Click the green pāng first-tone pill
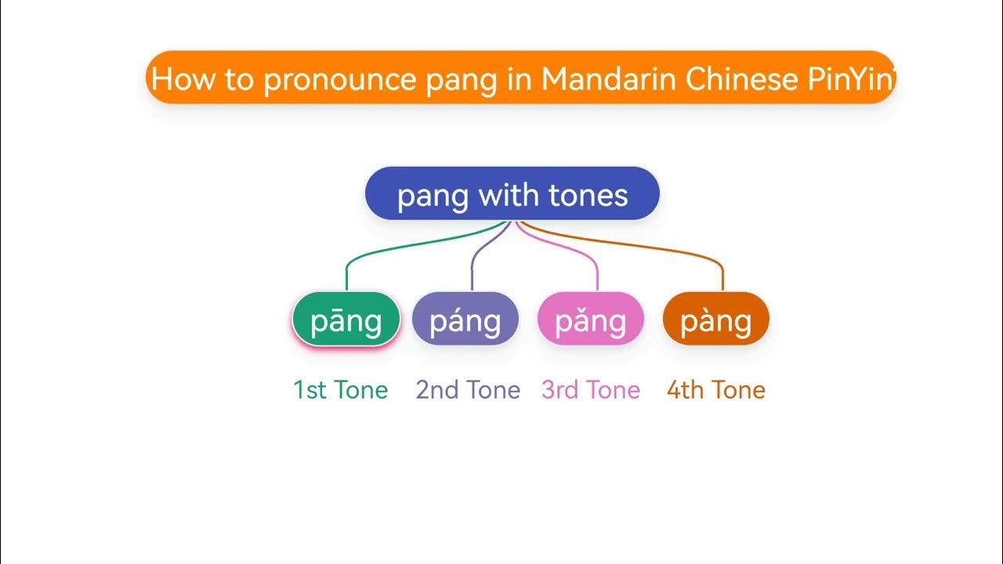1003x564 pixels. [346, 320]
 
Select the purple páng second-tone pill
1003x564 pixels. [465, 320]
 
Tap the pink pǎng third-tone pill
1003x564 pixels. [591, 320]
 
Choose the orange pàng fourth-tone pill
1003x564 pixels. [716, 320]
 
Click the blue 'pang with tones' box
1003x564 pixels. [512, 193]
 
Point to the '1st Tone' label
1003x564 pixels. [340, 390]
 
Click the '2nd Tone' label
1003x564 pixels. [468, 390]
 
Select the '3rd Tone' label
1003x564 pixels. [591, 390]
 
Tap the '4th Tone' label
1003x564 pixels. [716, 390]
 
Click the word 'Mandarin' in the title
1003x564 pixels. [608, 78]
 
